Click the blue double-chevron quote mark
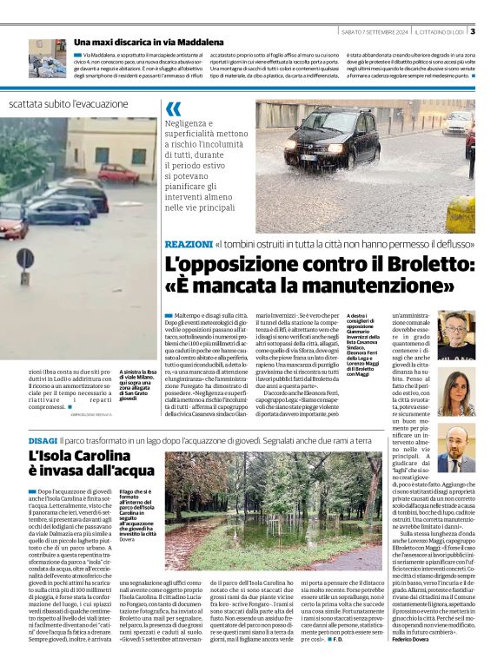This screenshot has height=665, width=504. [x=174, y=109]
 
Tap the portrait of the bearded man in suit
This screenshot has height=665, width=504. [x=456, y=449]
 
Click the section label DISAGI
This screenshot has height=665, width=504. [x=43, y=441]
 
